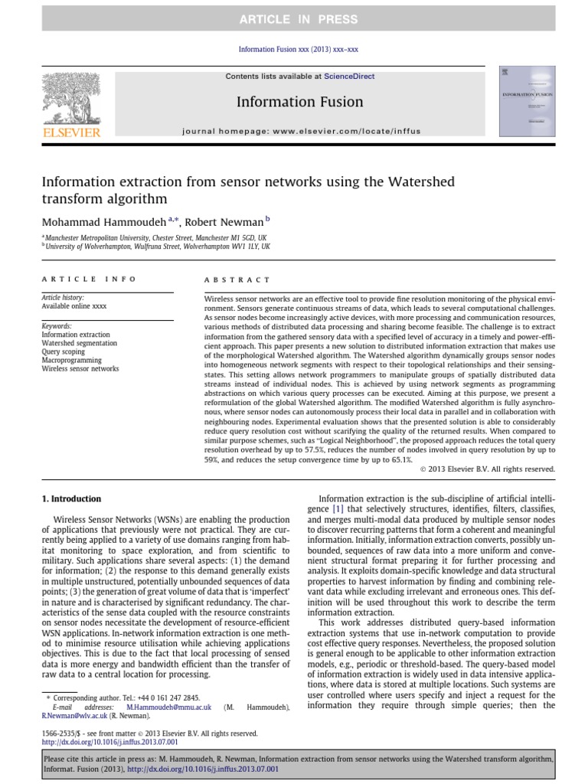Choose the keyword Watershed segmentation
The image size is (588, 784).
tap(79, 343)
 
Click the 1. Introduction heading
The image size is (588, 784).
tap(70, 498)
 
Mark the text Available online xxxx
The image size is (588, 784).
tap(73, 305)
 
